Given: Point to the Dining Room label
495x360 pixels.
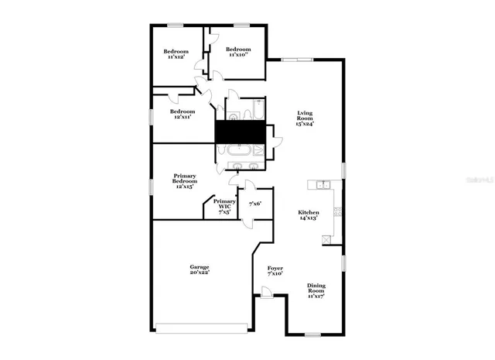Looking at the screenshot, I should (x=316, y=288).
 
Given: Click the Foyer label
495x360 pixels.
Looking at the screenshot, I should (x=275, y=268).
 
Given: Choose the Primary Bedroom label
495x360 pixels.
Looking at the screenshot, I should (x=184, y=178).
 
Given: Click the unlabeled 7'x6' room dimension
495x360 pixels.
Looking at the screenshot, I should (x=254, y=204).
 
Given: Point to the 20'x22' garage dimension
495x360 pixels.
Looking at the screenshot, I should (x=200, y=273).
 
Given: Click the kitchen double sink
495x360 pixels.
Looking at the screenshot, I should (x=320, y=184).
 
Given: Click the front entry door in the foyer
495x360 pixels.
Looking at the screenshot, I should (x=266, y=291).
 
